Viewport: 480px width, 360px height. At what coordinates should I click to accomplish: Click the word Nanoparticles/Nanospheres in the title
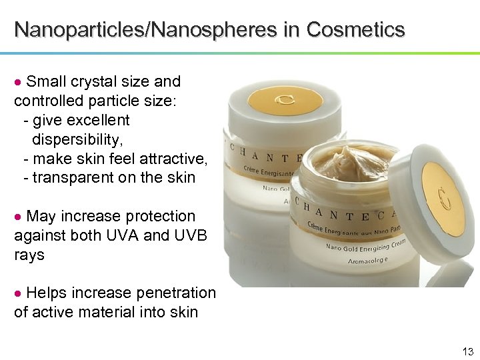click(x=157, y=30)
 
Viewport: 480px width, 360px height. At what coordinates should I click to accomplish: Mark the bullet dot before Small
click(x=19, y=82)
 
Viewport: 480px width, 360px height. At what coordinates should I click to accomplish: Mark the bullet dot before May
click(x=19, y=217)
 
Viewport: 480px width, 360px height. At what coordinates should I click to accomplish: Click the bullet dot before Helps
click(x=19, y=293)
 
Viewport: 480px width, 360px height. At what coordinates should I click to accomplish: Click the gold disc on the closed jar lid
click(x=285, y=100)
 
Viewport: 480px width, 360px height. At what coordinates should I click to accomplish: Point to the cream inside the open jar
click(x=353, y=161)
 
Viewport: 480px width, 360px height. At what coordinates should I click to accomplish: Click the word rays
click(x=29, y=255)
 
